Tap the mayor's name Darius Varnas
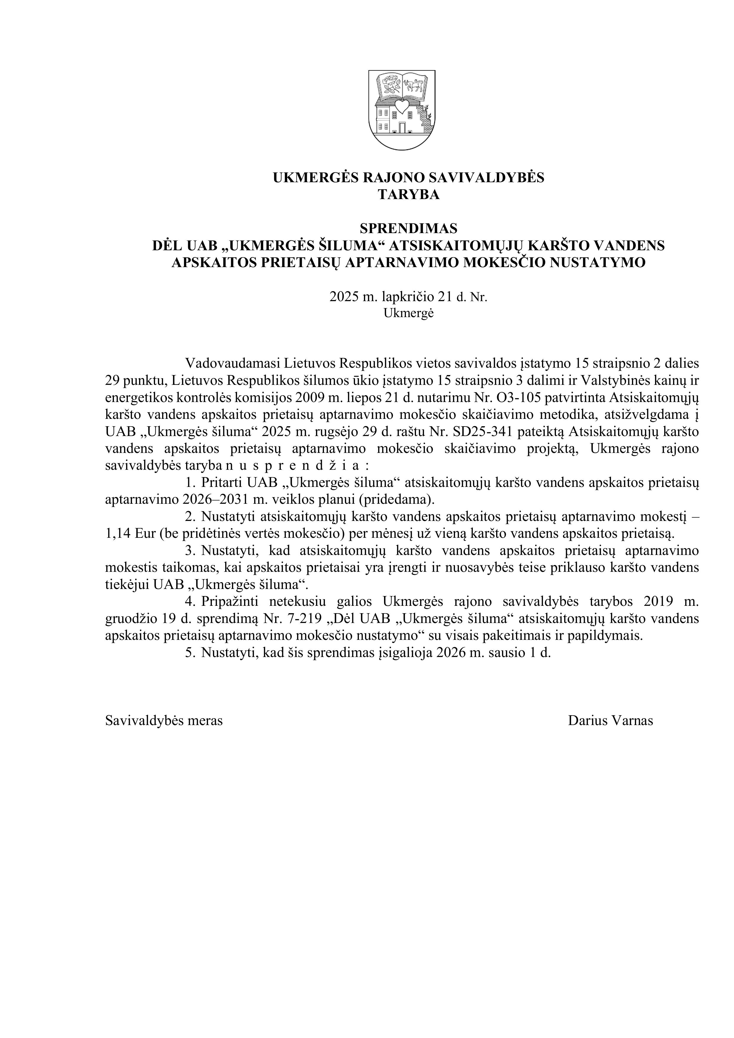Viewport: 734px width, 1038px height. pyautogui.click(x=610, y=721)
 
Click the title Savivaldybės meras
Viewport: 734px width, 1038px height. pyautogui.click(x=164, y=721)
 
